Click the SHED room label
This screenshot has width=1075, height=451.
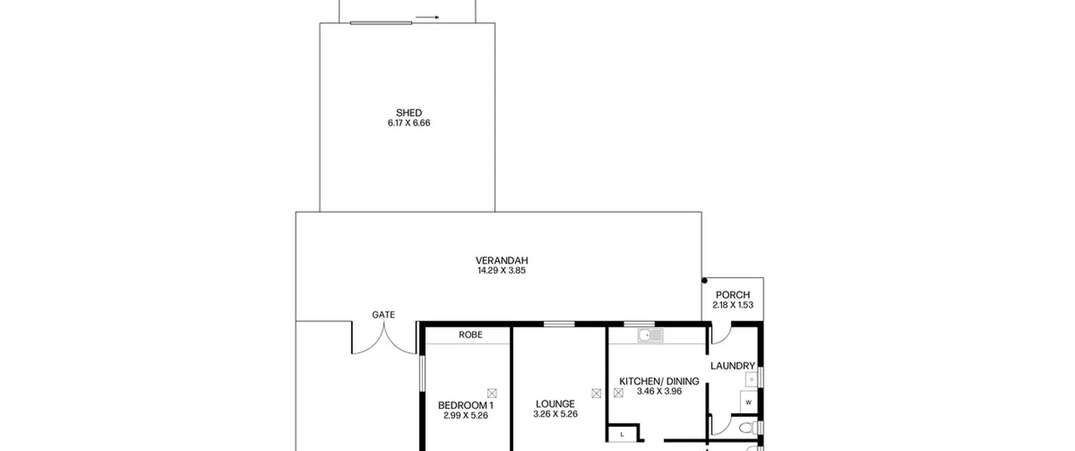409,113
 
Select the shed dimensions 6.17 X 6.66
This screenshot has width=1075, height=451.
409,123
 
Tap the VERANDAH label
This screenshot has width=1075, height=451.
501,261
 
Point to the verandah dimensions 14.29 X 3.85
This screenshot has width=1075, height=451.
501,271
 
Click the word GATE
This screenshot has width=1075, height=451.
383,315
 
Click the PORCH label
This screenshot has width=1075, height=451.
732,295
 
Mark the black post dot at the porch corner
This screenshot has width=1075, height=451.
704,280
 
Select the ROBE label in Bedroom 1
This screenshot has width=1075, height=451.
470,335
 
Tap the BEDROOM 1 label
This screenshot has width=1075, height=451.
465,405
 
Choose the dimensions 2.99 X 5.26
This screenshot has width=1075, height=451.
465,416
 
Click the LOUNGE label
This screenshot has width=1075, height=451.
555,404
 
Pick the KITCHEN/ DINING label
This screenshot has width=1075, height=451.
659,381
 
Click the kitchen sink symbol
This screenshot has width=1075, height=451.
650,336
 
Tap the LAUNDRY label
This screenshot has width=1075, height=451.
732,366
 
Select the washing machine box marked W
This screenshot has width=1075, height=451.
748,402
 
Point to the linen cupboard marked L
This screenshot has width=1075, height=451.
622,435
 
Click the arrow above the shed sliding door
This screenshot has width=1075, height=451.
427,17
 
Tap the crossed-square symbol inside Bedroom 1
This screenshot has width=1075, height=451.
492,393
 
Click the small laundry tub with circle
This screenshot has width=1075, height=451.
751,380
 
